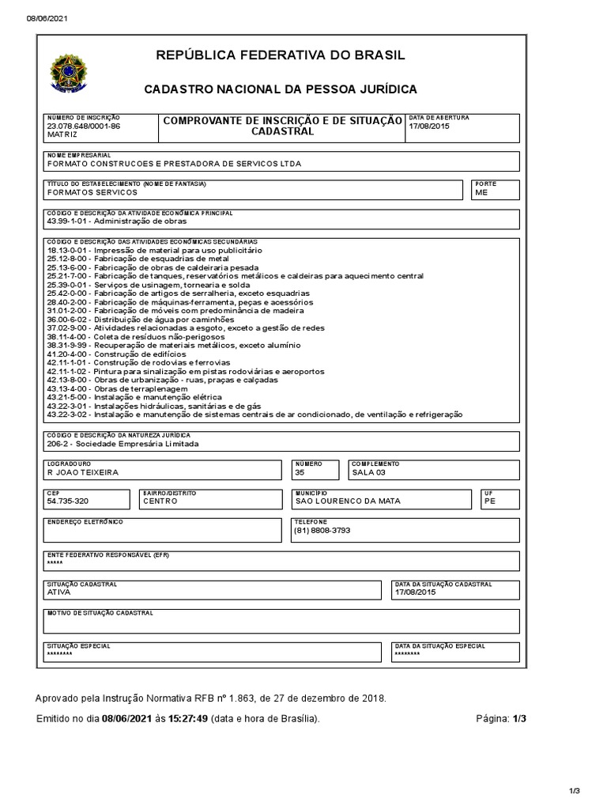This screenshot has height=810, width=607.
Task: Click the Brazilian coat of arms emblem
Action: point(70,72)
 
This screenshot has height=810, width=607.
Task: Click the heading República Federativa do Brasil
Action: point(281,55)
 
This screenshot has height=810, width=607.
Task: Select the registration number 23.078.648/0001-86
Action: point(84,127)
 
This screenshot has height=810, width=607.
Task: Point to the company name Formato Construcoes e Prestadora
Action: point(174,165)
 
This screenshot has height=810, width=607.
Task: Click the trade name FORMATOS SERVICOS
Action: point(92,192)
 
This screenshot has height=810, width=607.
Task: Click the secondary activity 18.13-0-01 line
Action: point(154,250)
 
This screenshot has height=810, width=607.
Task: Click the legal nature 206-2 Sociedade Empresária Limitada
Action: point(123,444)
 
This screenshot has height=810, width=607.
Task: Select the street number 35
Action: point(300,472)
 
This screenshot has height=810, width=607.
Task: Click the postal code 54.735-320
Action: point(68,501)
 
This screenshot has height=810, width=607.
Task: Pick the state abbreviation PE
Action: point(489,501)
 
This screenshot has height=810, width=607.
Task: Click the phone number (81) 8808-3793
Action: point(321,530)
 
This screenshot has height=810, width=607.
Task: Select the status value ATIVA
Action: point(59,592)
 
